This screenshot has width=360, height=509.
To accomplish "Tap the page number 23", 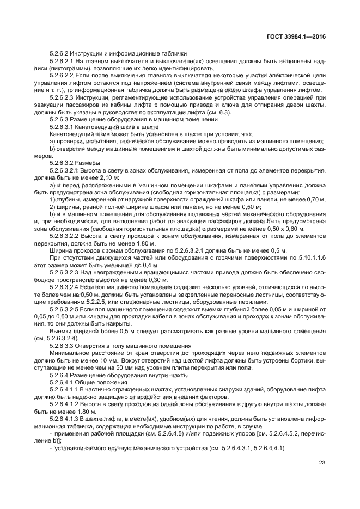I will pos(321,464).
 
